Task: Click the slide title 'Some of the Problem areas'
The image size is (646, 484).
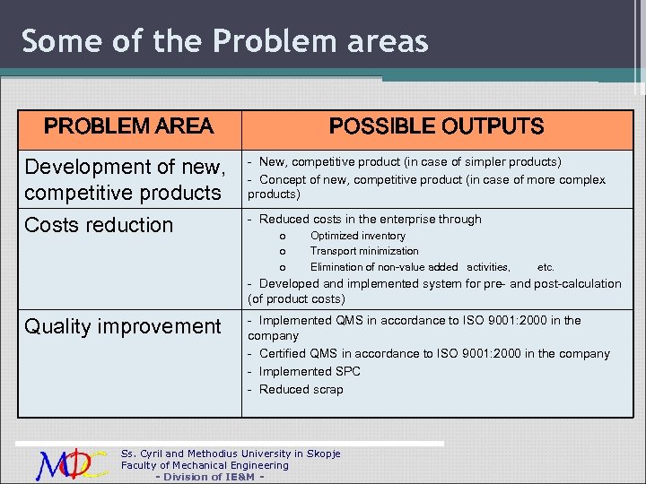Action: click(225, 41)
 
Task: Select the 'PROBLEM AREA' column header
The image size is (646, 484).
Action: click(128, 126)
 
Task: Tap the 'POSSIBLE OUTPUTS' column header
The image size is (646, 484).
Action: click(436, 126)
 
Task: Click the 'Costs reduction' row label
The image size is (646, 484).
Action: click(99, 225)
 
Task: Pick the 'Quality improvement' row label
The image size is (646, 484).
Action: click(123, 326)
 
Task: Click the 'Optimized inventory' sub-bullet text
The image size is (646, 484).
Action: click(357, 236)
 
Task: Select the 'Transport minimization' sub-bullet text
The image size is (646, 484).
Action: click(363, 251)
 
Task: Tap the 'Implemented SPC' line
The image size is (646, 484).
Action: click(309, 371)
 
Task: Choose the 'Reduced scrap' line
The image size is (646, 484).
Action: click(301, 389)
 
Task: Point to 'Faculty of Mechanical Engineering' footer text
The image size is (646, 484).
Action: click(205, 465)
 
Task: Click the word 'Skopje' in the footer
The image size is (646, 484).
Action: click(322, 454)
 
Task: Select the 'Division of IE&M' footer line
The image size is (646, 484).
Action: click(209, 477)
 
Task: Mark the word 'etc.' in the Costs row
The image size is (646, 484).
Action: click(546, 267)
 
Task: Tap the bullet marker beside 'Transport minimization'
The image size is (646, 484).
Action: click(283, 252)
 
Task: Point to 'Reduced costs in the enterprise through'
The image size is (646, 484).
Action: click(369, 219)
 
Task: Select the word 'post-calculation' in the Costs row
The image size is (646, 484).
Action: click(578, 283)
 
